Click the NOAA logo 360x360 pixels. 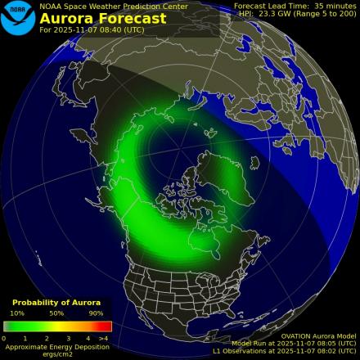pyautogui.click(x=18, y=18)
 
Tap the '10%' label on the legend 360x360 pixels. pyautogui.click(x=16, y=313)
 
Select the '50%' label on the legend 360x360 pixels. pyautogui.click(x=56, y=313)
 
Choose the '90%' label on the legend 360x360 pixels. pyautogui.click(x=96, y=313)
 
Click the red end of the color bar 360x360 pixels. pyautogui.click(x=106, y=326)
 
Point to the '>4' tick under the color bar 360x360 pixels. pyautogui.click(x=103, y=337)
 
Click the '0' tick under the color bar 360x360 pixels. pyautogui.click(x=4, y=337)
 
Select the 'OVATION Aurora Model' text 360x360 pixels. pyautogui.click(x=318, y=335)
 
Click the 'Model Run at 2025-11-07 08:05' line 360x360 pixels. pyautogui.click(x=294, y=344)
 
